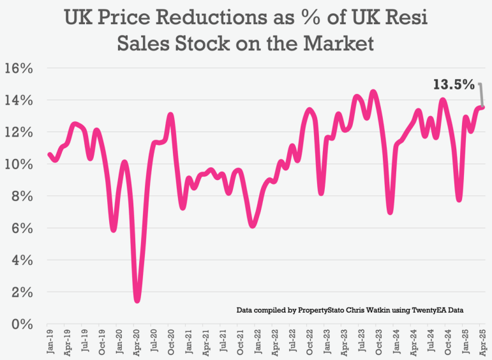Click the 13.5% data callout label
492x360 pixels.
click(x=454, y=84)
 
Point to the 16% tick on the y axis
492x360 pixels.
click(x=20, y=68)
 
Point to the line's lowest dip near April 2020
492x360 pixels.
click(x=137, y=300)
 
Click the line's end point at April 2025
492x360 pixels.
click(x=482, y=107)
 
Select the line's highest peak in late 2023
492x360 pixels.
click(x=373, y=91)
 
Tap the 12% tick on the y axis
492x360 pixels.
click(x=20, y=132)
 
